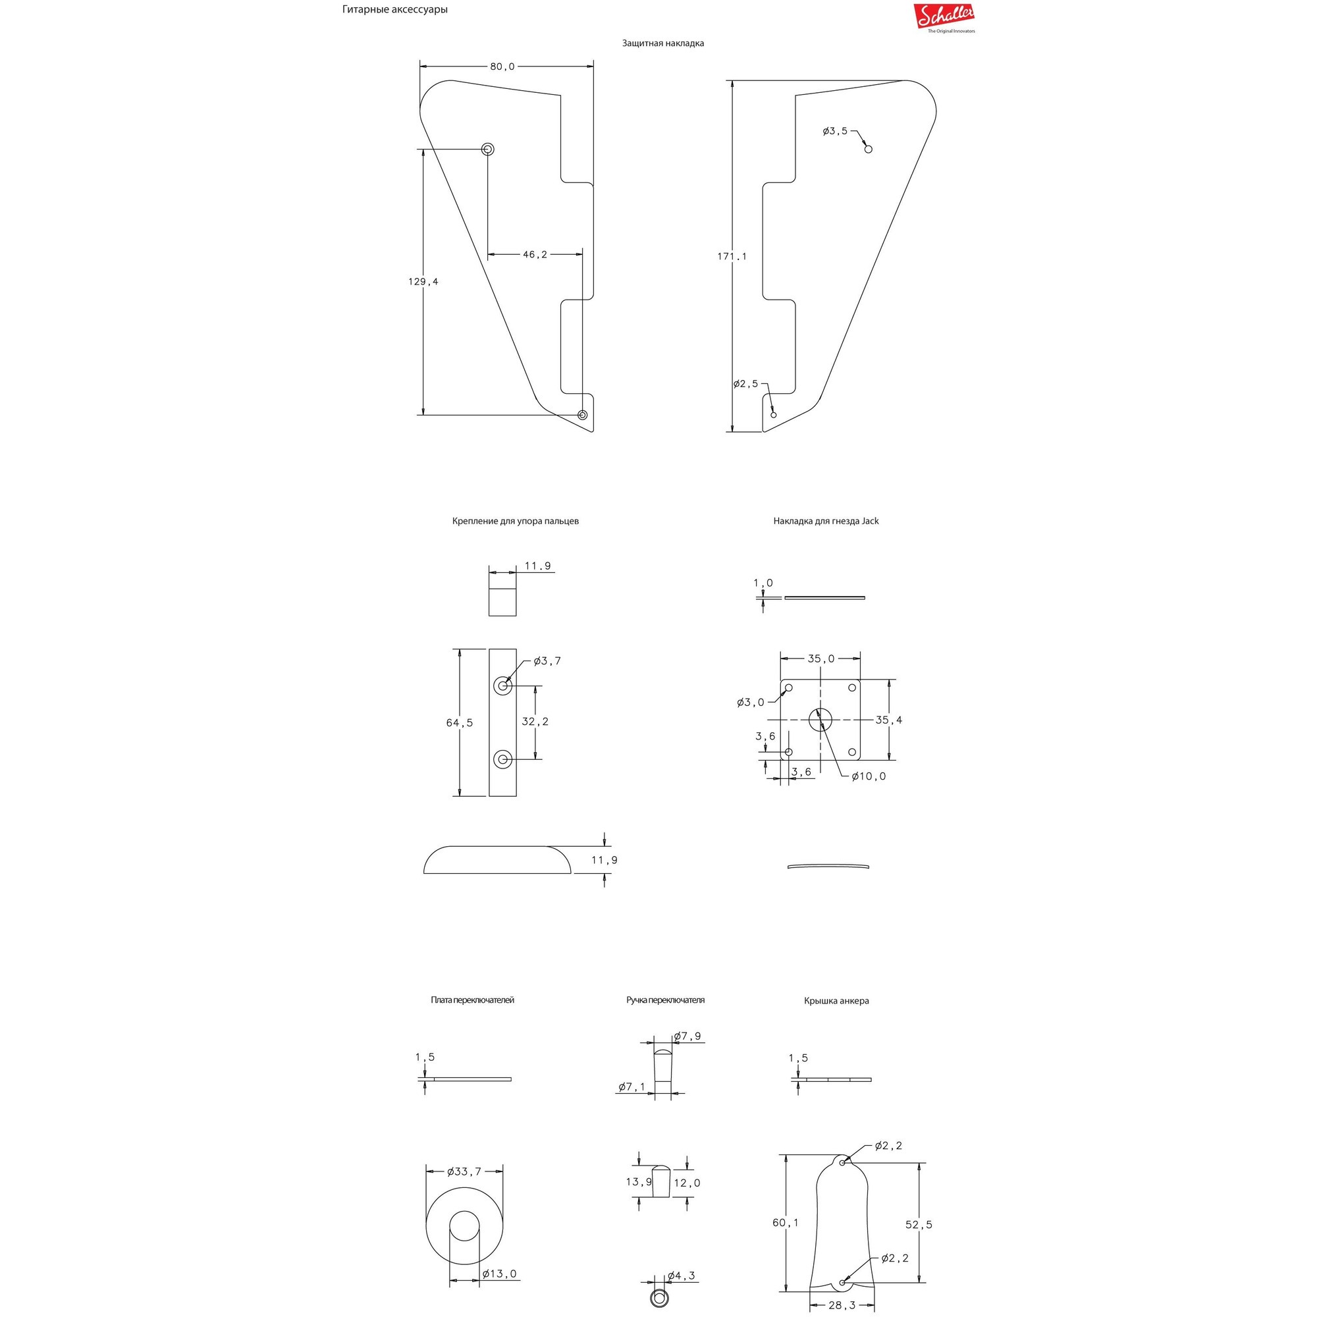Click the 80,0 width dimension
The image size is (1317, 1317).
(x=502, y=67)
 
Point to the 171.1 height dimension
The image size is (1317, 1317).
(x=732, y=256)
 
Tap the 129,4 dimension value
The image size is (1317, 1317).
(x=423, y=282)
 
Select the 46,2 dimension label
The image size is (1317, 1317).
(x=535, y=254)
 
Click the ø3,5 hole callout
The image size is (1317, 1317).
(x=835, y=131)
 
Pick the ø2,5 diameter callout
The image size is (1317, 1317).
(x=746, y=384)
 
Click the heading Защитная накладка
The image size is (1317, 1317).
(x=662, y=43)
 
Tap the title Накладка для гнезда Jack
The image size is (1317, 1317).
(x=826, y=521)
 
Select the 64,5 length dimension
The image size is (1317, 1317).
(x=460, y=722)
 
